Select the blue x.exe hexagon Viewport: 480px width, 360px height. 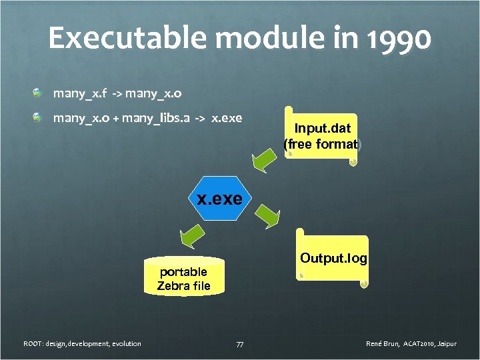(220, 198)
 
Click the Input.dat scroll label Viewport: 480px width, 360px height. (323, 127)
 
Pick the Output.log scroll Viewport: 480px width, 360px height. (333, 259)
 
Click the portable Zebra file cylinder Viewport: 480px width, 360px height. (183, 277)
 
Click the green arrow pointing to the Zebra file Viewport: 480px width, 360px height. (190, 235)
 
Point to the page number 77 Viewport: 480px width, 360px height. (240, 344)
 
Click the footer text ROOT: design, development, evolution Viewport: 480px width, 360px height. (82, 344)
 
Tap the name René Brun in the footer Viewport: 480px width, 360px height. (383, 344)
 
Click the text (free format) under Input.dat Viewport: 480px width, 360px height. (323, 144)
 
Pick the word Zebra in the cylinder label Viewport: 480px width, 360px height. (171, 286)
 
